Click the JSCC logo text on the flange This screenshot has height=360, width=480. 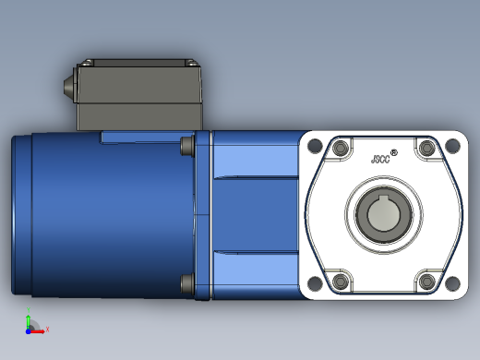point(380,159)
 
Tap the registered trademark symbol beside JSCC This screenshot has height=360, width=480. point(394,152)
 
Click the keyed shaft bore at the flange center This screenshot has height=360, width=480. point(384,213)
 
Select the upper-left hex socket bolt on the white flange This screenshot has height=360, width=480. point(341,149)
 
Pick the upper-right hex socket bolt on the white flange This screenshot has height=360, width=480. point(426,148)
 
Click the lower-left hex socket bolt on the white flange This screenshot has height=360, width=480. point(341,281)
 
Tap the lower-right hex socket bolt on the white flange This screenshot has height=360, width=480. point(426,281)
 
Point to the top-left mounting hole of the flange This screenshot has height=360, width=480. point(315,146)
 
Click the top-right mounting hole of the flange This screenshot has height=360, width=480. point(452,146)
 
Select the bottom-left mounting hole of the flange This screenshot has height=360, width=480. point(315,283)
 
